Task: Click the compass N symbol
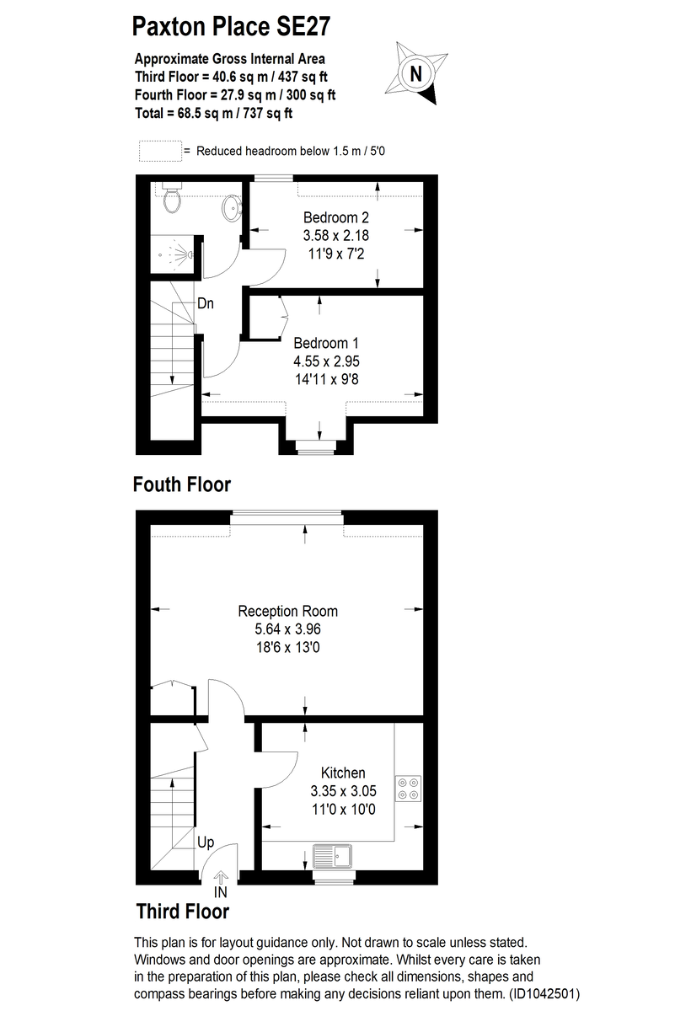click(x=415, y=74)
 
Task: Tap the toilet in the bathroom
click(x=172, y=199)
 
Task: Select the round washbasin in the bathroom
click(x=229, y=206)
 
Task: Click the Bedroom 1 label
click(x=326, y=343)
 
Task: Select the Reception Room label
click(x=288, y=611)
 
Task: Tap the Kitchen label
click(x=343, y=773)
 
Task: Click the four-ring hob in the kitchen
click(x=409, y=786)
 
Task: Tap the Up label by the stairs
click(x=205, y=841)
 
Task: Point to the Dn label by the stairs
click(x=206, y=303)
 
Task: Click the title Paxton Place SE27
click(x=231, y=27)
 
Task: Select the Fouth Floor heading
click(x=181, y=484)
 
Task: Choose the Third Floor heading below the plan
click(x=182, y=911)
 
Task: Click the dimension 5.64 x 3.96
click(x=288, y=629)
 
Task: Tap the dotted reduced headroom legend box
click(x=159, y=151)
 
